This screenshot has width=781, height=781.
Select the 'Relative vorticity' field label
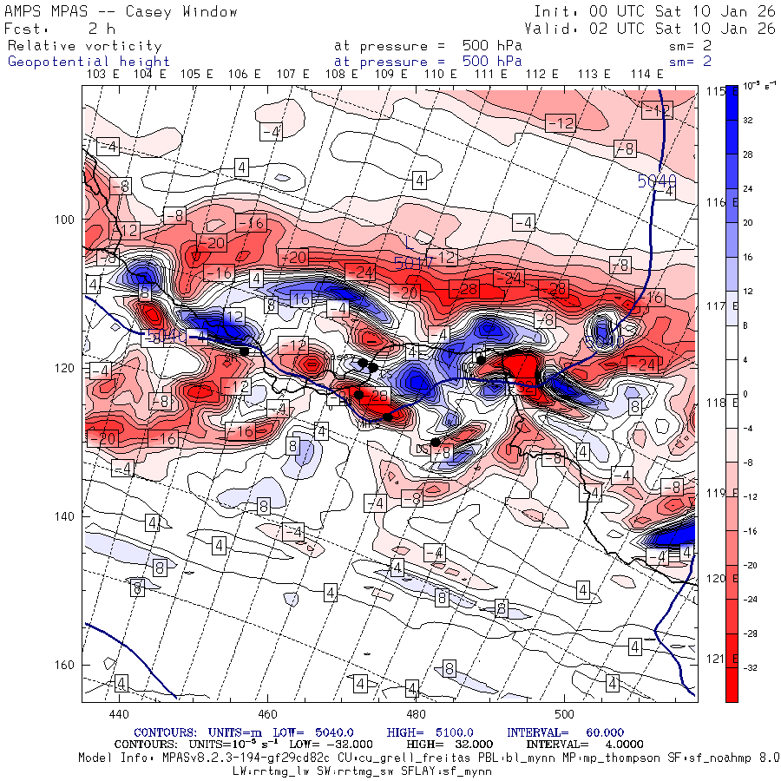[x=85, y=45]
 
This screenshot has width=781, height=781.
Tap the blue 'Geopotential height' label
[x=89, y=62]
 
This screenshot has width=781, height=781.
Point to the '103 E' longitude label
[x=104, y=75]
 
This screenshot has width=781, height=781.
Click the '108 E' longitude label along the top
[x=341, y=75]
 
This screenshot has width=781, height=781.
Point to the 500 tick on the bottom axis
[x=564, y=714]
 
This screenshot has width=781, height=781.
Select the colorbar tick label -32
[x=749, y=667]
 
